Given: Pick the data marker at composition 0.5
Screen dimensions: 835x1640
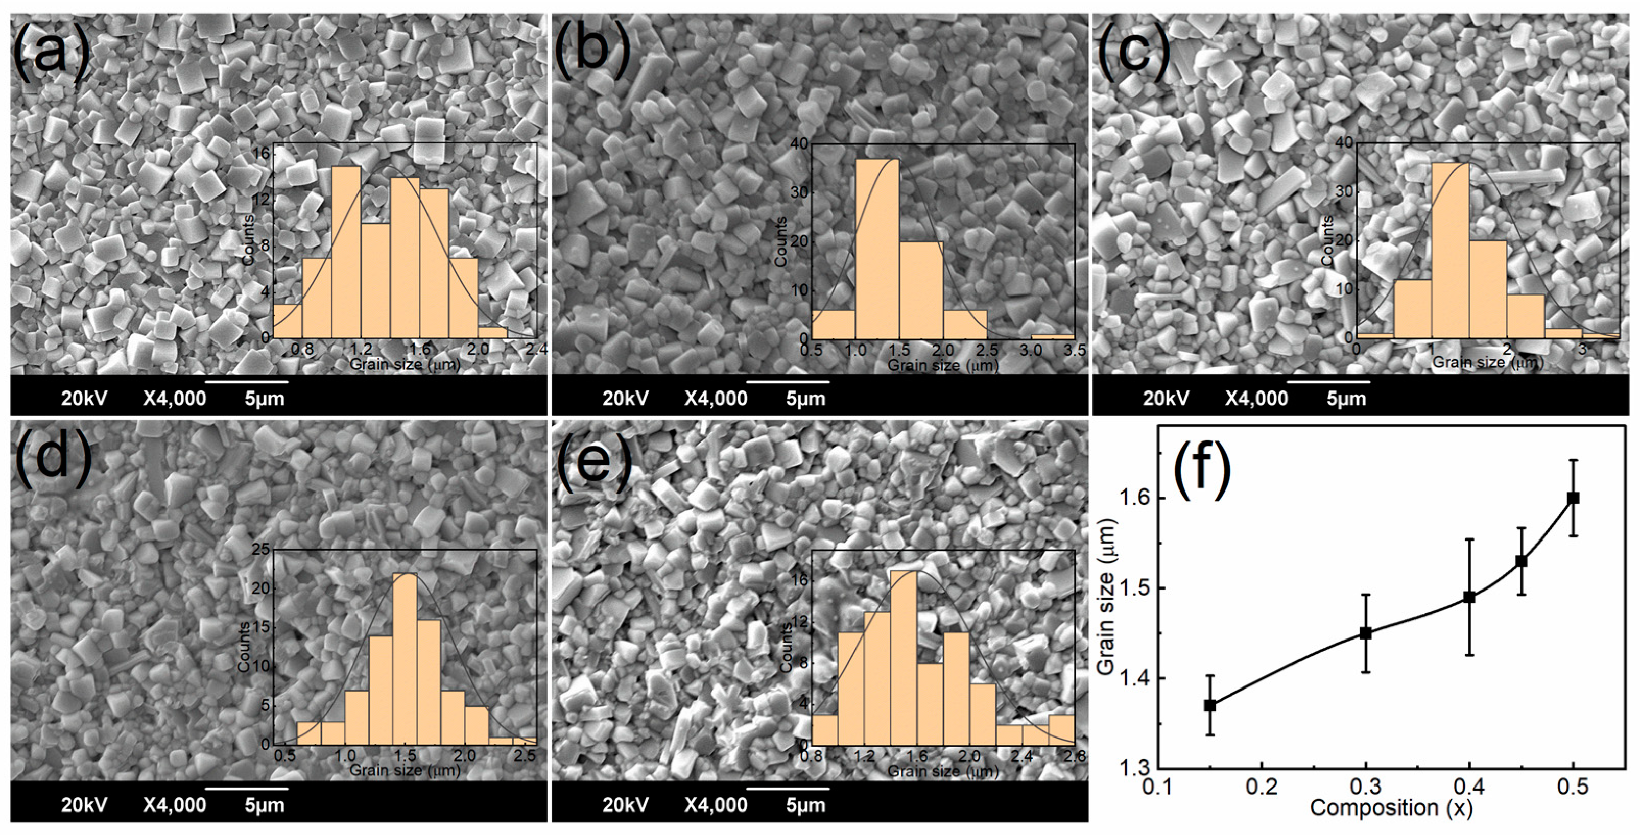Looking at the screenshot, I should pyautogui.click(x=1573, y=498).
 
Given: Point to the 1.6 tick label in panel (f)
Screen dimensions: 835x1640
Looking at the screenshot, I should pyautogui.click(x=1136, y=498).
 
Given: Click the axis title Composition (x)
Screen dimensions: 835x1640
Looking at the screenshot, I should pyautogui.click(x=1392, y=807).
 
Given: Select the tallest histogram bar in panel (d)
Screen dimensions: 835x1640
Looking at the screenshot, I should pyautogui.click(x=405, y=659).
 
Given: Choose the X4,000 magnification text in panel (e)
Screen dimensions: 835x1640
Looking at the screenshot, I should pyautogui.click(x=716, y=805).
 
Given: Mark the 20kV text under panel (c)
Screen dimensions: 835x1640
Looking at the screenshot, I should pyautogui.click(x=1166, y=399).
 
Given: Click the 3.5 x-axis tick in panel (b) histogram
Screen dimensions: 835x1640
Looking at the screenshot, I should pyautogui.click(x=1075, y=350).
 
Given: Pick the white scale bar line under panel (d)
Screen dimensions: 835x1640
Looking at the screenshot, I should pyautogui.click(x=247, y=789).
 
